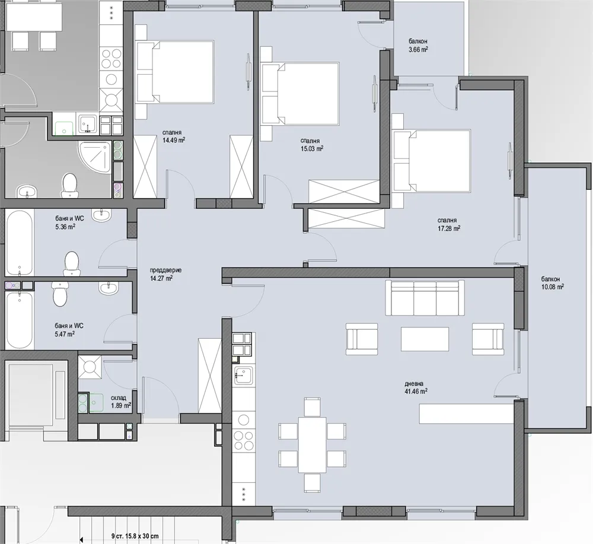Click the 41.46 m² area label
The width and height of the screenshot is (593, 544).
pos(416,392)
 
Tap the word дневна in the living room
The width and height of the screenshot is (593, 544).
pos(414,384)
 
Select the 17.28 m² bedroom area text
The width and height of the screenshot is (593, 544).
pos(449,228)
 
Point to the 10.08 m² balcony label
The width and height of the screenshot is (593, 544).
pos(553,287)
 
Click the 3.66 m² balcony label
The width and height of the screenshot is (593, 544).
pos(418,49)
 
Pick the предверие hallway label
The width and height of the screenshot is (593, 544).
pos(165,270)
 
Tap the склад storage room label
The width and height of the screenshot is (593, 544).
pos(119,398)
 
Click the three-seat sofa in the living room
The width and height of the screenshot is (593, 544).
pos(425,298)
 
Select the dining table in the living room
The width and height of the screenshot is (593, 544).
pos(312,444)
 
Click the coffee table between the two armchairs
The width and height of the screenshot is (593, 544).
pos(425,339)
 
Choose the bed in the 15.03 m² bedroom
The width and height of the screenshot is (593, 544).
pos(300,94)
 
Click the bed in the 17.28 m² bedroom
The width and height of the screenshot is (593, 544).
pos(432,160)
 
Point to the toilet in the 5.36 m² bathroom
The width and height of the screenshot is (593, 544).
pos(72,264)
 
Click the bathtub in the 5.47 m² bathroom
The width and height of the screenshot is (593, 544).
pos(20,320)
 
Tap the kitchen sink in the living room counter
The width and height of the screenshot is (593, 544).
pos(244,376)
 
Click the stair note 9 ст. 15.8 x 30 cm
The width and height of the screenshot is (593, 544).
pos(135,536)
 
